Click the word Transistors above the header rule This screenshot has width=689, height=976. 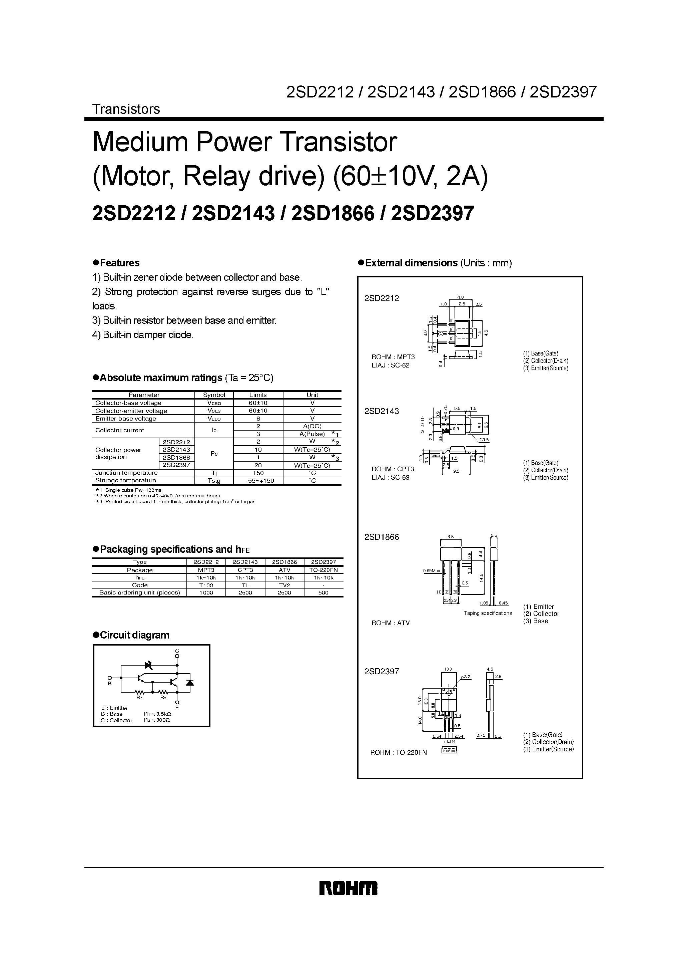[x=126, y=109]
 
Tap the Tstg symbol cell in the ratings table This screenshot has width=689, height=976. [x=214, y=481]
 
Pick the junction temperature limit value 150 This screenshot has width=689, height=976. [x=258, y=473]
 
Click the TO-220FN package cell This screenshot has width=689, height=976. [x=323, y=570]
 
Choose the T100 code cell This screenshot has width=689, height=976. [x=206, y=585]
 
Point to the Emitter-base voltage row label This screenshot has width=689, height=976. [x=126, y=419]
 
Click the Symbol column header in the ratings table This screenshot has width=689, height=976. [x=214, y=395]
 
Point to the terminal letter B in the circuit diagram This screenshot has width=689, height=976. [x=110, y=684]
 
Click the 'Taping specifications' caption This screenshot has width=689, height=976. [x=488, y=613]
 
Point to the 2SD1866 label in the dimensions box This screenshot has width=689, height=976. [x=382, y=537]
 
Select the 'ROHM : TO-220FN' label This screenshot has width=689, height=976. [x=399, y=752]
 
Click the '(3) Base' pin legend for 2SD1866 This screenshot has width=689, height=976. [x=536, y=621]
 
